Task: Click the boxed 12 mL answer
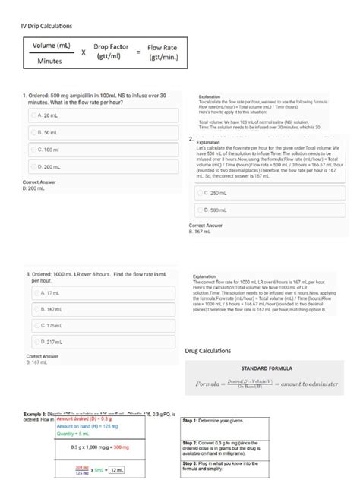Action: tap(116, 470)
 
